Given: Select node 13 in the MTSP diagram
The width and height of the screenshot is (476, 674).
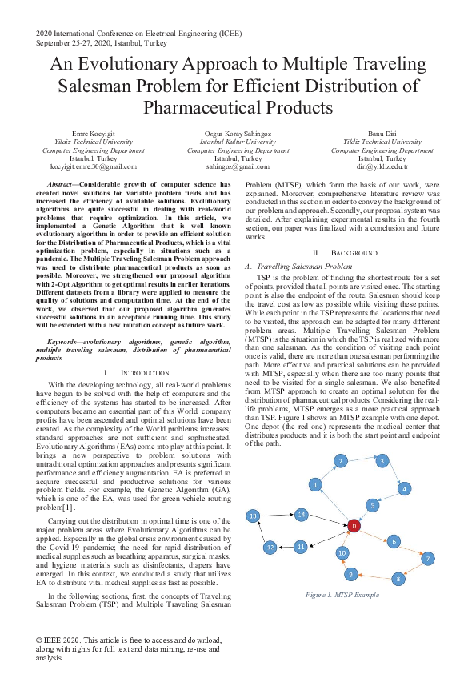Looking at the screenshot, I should coord(254,516).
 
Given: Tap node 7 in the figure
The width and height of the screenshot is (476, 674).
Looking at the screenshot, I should coord(428,558).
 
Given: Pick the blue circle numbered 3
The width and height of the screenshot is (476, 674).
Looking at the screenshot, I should coord(382,461).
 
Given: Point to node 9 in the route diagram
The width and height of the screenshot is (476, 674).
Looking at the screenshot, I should coord(350,574).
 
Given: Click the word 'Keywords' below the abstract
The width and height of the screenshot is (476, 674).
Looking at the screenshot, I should coord(66,342).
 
